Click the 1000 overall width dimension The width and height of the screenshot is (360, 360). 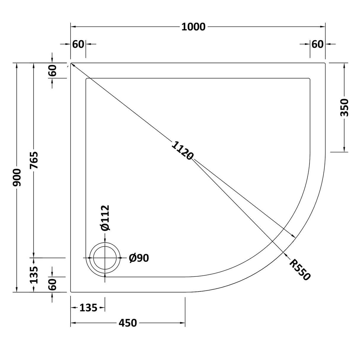click(193, 27)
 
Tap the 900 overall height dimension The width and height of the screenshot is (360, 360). click(17, 177)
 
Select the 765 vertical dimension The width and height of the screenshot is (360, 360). click(34, 160)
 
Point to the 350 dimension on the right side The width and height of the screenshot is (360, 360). click(345, 107)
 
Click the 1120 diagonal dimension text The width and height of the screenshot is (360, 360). click(182, 151)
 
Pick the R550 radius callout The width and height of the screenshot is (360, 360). click(300, 270)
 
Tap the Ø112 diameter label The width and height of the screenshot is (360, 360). click(105, 218)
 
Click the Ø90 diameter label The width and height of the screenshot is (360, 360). click(139, 258)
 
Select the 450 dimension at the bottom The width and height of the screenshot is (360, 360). click(128, 323)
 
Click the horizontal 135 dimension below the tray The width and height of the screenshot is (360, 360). click(88, 308)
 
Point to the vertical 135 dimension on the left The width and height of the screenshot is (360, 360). click(34, 275)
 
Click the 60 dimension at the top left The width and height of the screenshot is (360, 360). click(78, 44)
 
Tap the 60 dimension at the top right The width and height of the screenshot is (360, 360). click(317, 44)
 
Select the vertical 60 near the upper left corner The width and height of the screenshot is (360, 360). click(52, 71)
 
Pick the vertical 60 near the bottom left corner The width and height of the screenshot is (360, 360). click(52, 285)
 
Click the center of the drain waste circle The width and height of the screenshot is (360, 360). click(105, 258)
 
